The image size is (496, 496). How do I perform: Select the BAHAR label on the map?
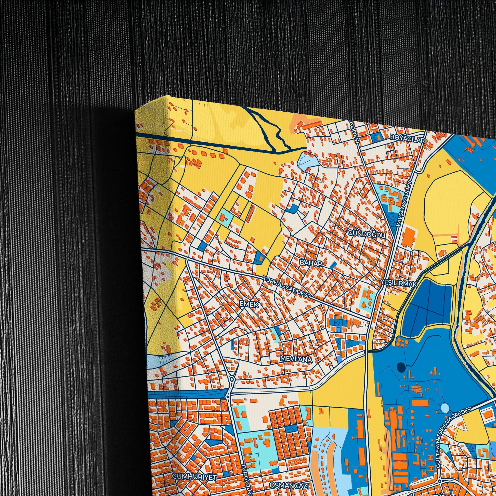coord(311,263)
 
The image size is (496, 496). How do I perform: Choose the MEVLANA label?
coord(296,359)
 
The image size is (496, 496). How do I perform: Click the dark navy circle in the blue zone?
coord(401,368)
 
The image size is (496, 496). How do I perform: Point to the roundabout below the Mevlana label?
coord(232,379)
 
